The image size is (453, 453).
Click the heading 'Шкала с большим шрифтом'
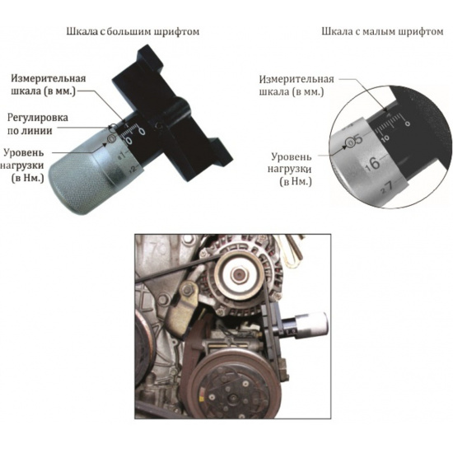coord(133,31)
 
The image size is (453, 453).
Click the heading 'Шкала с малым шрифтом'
coord(382,31)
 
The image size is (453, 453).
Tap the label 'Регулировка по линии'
coord(38,124)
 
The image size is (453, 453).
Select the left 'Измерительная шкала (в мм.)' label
coord(49,85)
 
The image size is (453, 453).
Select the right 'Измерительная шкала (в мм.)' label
coord(297,86)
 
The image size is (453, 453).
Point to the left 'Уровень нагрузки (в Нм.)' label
coord(24,166)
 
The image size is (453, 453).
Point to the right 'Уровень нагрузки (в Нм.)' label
coord(292,170)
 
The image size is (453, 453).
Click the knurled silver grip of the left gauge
coord(78,178)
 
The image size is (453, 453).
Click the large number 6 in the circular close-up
coord(375,163)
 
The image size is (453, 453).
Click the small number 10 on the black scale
coord(385,138)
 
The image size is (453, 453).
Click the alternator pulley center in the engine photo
coord(239,273)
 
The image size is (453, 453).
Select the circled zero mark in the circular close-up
coord(351,142)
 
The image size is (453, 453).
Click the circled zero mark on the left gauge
coord(111,139)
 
